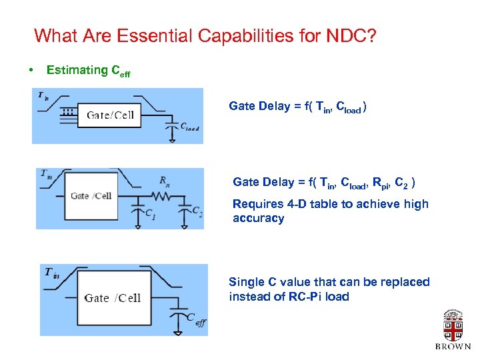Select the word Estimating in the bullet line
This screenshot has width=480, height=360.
click(77, 70)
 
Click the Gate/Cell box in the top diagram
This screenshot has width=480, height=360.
click(110, 115)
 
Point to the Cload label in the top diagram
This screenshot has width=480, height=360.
click(189, 127)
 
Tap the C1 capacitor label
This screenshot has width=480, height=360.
click(151, 214)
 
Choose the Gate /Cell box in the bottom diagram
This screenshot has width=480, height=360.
click(113, 297)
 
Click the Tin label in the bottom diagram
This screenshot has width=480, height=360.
click(52, 272)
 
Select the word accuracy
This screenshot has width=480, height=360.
click(258, 219)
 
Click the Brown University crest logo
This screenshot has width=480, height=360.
click(453, 327)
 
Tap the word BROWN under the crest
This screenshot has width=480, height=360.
click(453, 347)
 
